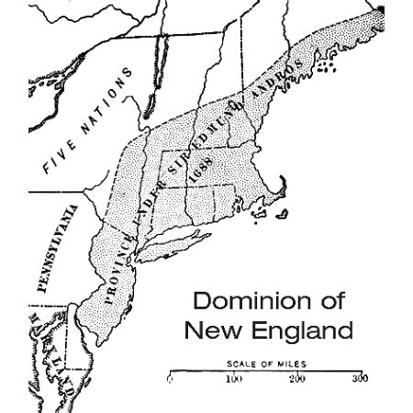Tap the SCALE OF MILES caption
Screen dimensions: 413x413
[x=266, y=363]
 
